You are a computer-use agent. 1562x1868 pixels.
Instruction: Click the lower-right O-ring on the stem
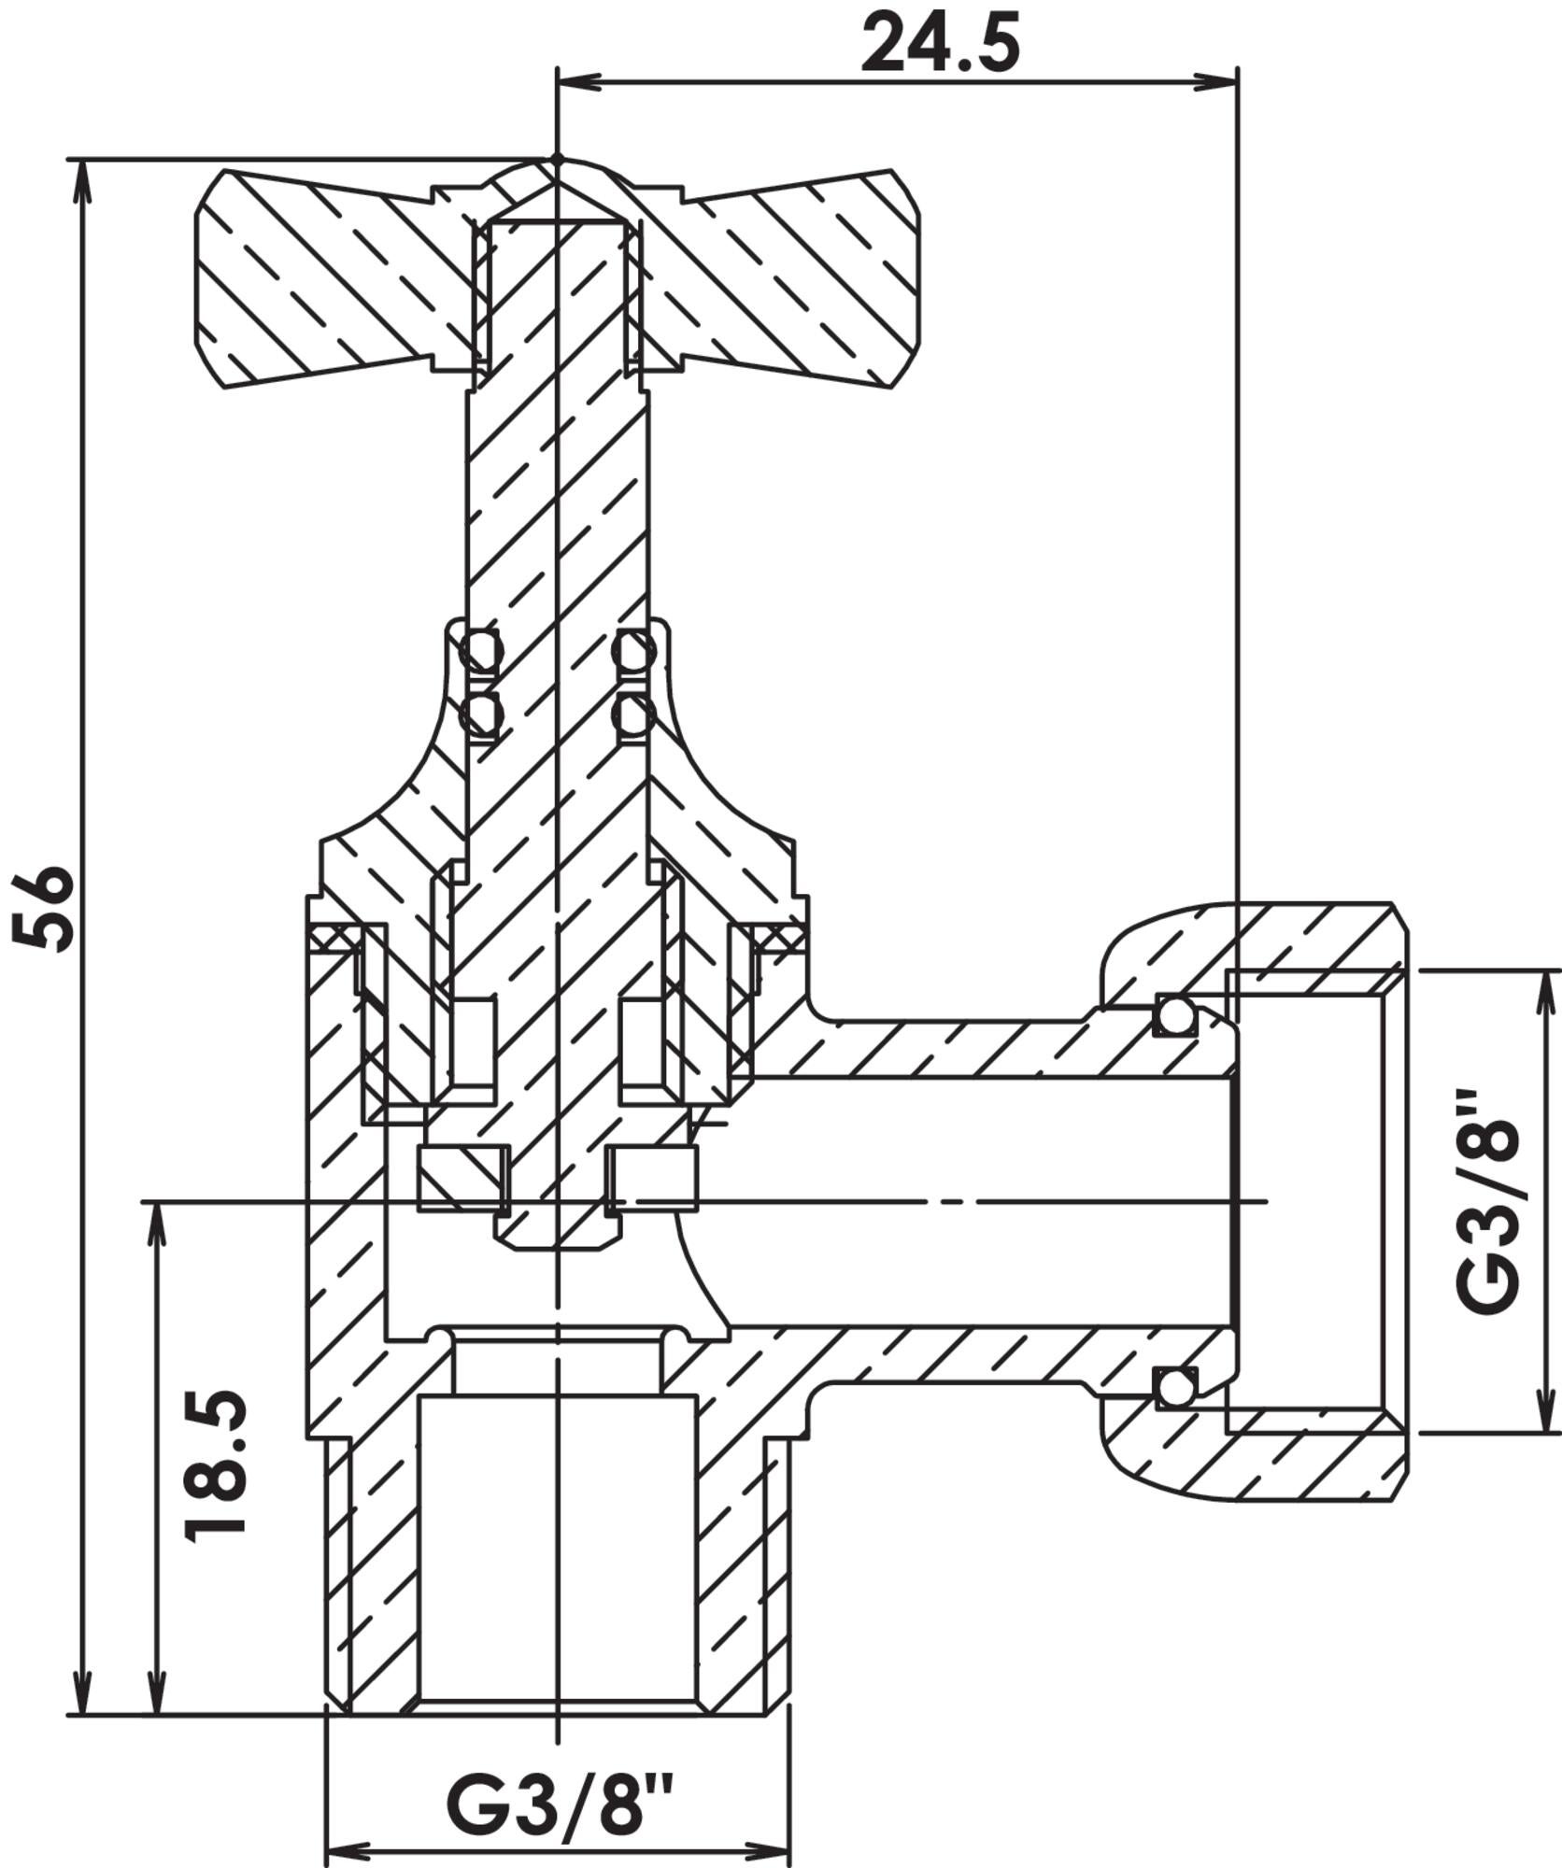pyautogui.click(x=632, y=716)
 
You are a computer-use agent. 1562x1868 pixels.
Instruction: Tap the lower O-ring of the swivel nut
pyautogui.click(x=1174, y=1387)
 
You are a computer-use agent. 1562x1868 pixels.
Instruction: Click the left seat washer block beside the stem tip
pyautogui.click(x=463, y=1180)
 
